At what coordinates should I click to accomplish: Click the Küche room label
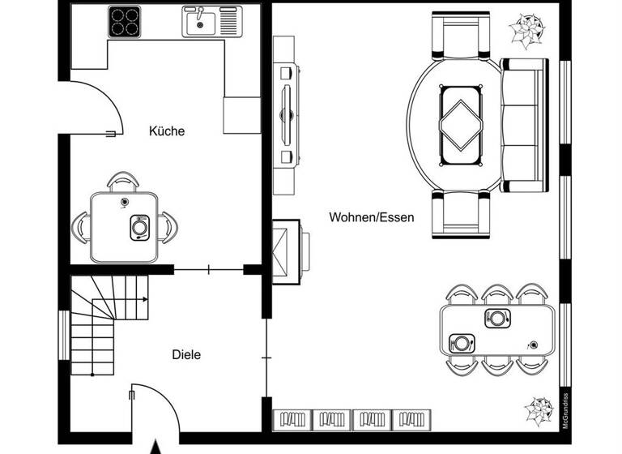point(167,131)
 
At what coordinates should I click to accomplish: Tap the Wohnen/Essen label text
point(372,217)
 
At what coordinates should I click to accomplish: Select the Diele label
point(186,354)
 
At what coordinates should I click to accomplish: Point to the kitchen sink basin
point(198,24)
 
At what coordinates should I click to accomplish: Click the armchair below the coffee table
point(461,214)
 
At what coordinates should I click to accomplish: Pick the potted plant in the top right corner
point(526,31)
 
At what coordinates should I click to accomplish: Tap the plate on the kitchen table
point(140,228)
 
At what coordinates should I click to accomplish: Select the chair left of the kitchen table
point(80,227)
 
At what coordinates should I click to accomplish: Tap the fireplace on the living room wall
point(288,251)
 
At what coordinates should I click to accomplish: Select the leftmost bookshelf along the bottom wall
point(293,418)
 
